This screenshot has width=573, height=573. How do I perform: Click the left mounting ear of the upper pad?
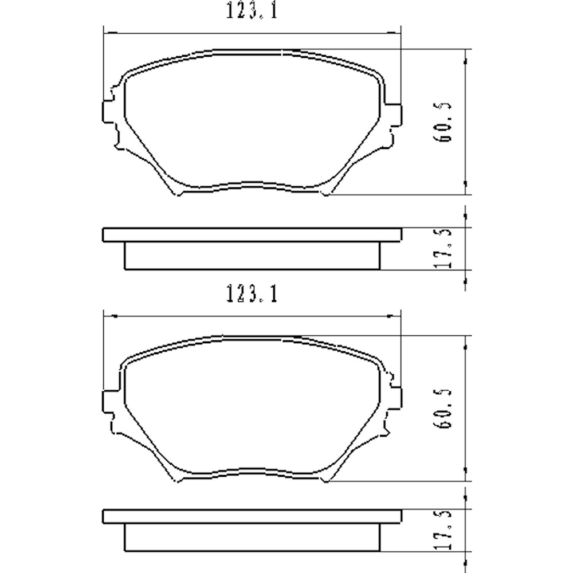pyautogui.click(x=109, y=112)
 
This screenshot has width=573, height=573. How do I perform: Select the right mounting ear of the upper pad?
pyautogui.click(x=394, y=112)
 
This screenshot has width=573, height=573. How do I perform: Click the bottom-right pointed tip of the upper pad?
pyautogui.click(x=327, y=194)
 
